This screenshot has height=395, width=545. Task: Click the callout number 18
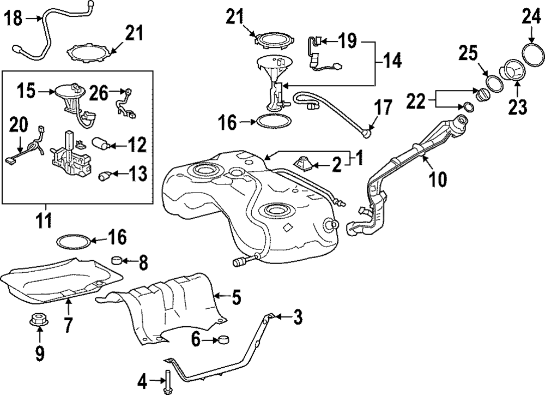[x=14, y=20]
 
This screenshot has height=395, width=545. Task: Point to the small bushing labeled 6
[x=222, y=341]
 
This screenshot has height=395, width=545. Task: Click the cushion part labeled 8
[x=117, y=260]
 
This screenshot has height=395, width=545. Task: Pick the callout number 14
[x=391, y=61]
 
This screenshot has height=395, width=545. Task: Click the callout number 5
[x=235, y=298]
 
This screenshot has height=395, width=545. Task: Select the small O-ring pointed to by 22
[x=467, y=105]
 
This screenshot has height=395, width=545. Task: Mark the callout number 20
[x=19, y=126]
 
